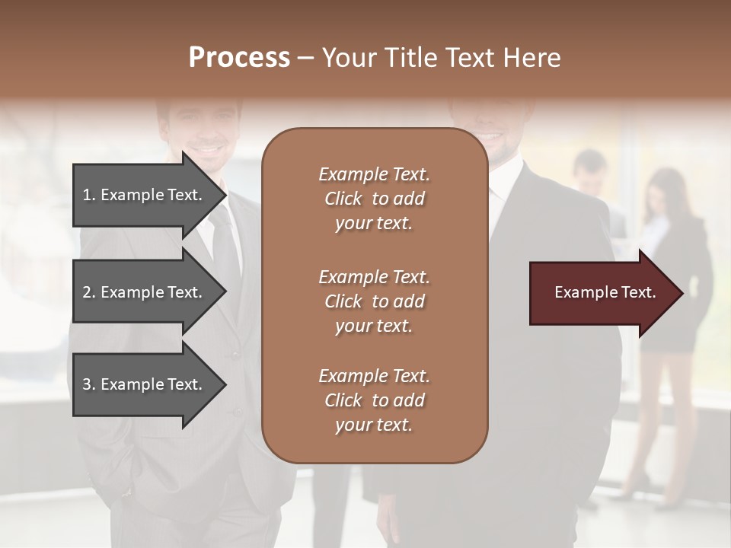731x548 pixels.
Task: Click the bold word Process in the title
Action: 239,58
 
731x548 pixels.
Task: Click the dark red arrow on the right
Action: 602,293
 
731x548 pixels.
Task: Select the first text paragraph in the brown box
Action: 374,199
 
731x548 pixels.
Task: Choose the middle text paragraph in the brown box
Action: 374,301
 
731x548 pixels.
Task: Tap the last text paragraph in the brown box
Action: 374,400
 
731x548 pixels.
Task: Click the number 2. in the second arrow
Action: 89,292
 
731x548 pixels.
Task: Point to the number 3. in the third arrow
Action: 89,384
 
